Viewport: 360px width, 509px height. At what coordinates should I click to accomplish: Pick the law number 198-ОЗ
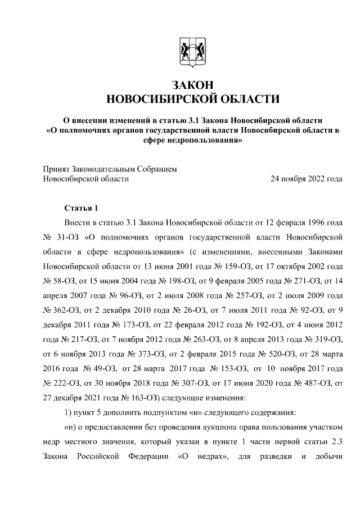pyautogui.click(x=170, y=280)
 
